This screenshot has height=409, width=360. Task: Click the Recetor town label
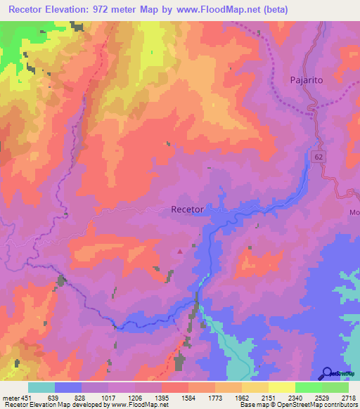[188, 209]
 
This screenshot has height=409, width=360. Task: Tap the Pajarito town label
[307, 80]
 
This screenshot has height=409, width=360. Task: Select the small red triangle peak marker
[181, 250]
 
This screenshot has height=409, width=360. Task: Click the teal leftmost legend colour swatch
[41, 387]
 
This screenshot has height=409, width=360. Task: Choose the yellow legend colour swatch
[281, 387]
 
